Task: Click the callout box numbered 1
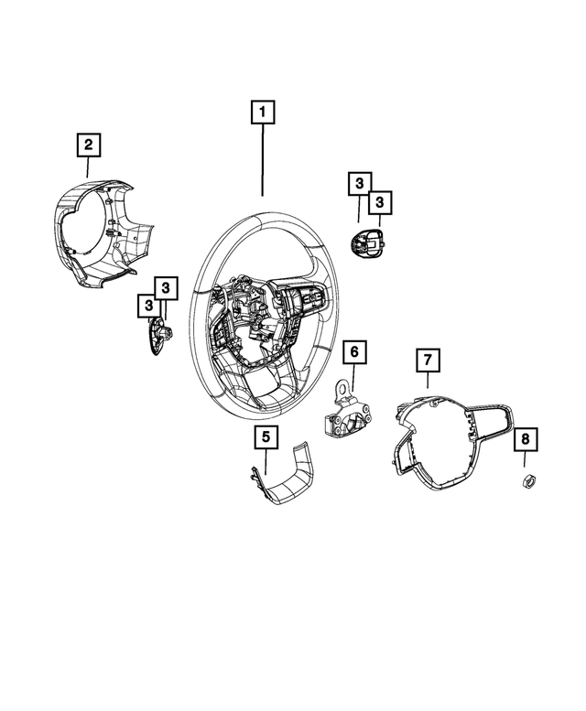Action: [x=263, y=113]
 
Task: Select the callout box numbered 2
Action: [x=88, y=144]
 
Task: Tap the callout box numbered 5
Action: [x=266, y=437]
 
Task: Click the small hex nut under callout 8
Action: [x=528, y=481]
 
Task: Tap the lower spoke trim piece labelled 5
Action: [x=282, y=480]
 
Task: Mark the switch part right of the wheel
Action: [x=366, y=242]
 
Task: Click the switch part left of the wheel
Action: [x=157, y=333]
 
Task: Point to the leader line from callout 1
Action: [x=263, y=160]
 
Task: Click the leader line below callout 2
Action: [x=88, y=167]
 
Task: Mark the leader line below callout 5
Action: [x=266, y=461]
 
